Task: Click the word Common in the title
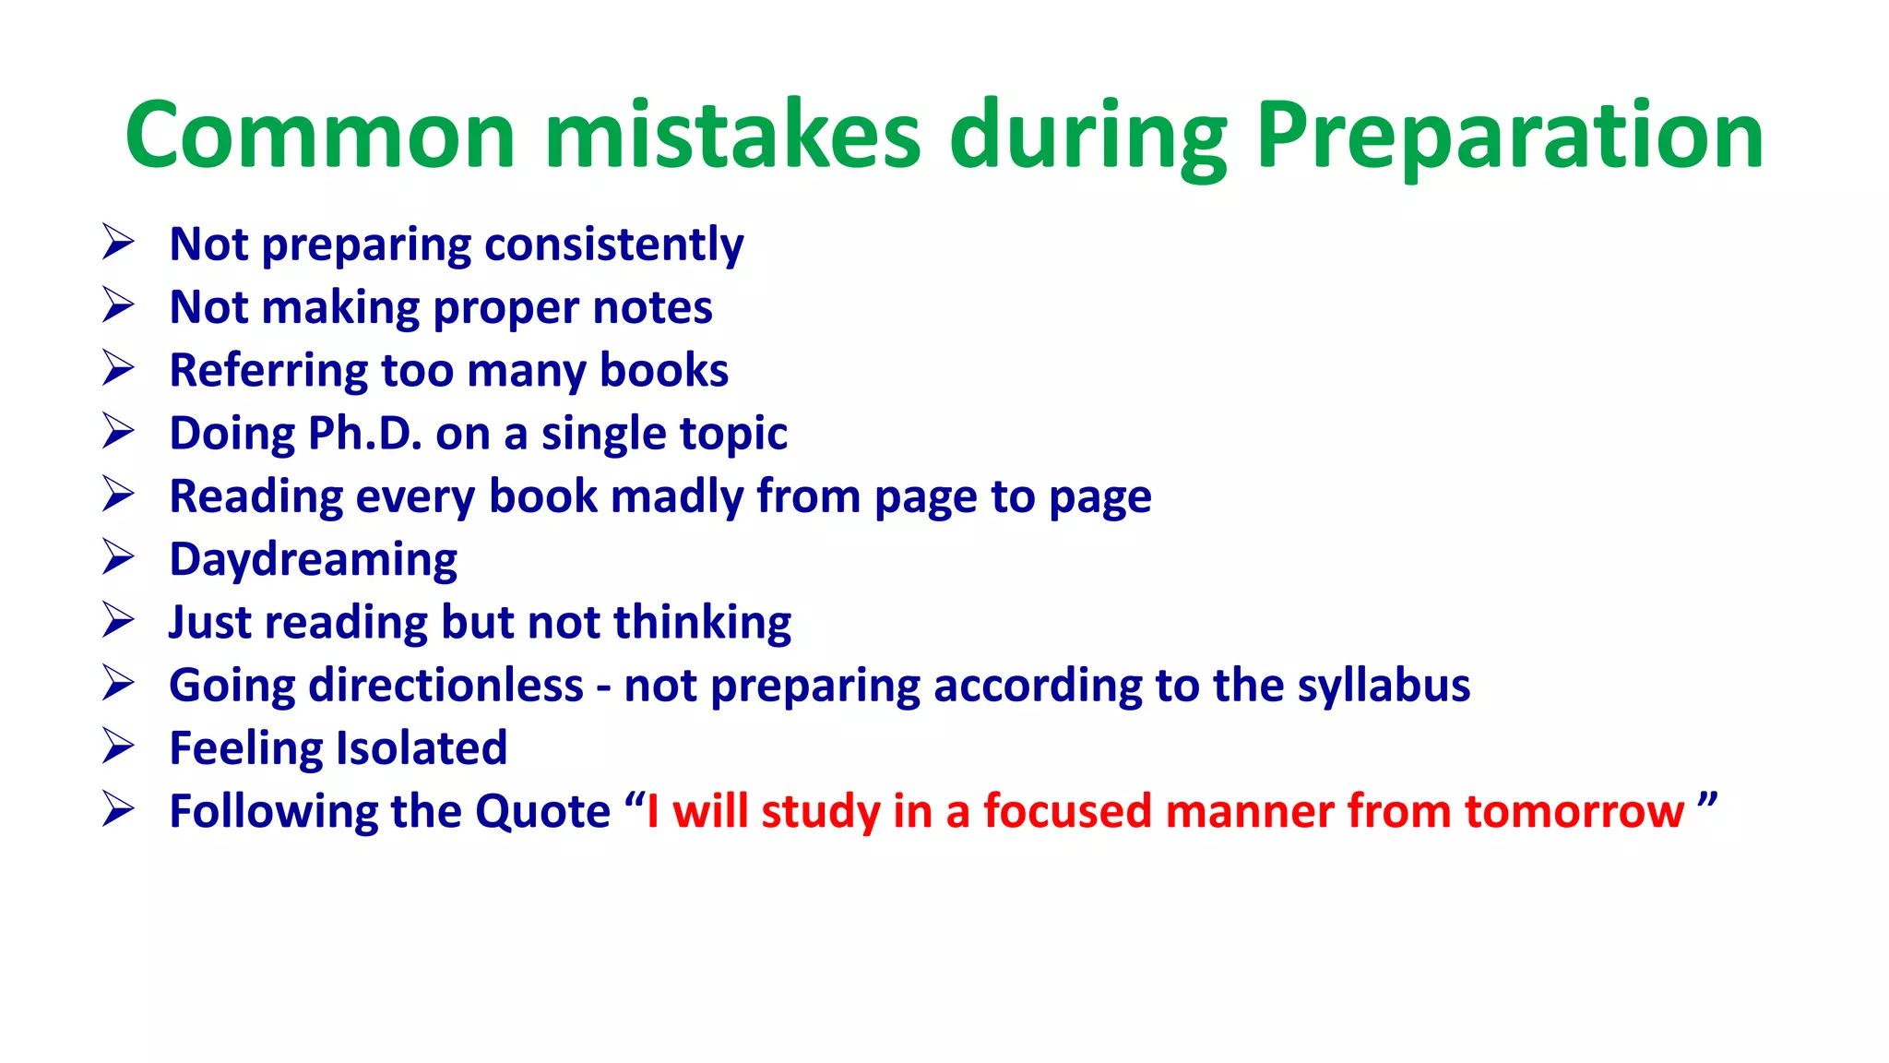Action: point(319,136)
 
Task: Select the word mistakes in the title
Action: point(732,136)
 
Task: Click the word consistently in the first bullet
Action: point(613,245)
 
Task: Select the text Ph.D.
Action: point(364,434)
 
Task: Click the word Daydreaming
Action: point(314,560)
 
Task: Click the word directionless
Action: point(446,686)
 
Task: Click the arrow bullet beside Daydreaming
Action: point(118,557)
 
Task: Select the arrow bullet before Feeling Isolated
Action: point(118,746)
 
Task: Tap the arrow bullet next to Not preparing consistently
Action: point(118,243)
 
